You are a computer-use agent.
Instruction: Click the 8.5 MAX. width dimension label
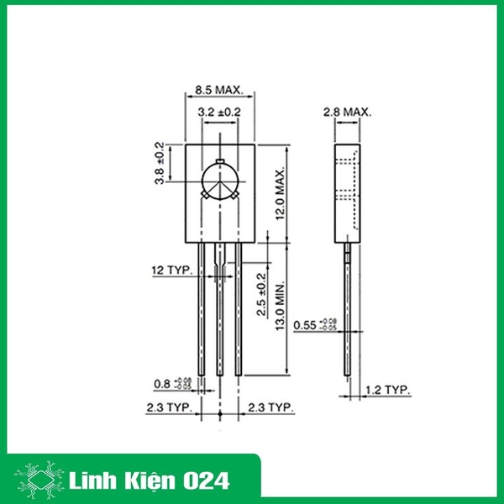[x=218, y=89]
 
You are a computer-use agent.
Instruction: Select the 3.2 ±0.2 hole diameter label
[x=220, y=111]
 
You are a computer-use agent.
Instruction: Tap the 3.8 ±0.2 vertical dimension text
[x=159, y=163]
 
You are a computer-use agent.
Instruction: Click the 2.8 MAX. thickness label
[x=347, y=111]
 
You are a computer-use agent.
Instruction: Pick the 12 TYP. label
[x=171, y=270]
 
